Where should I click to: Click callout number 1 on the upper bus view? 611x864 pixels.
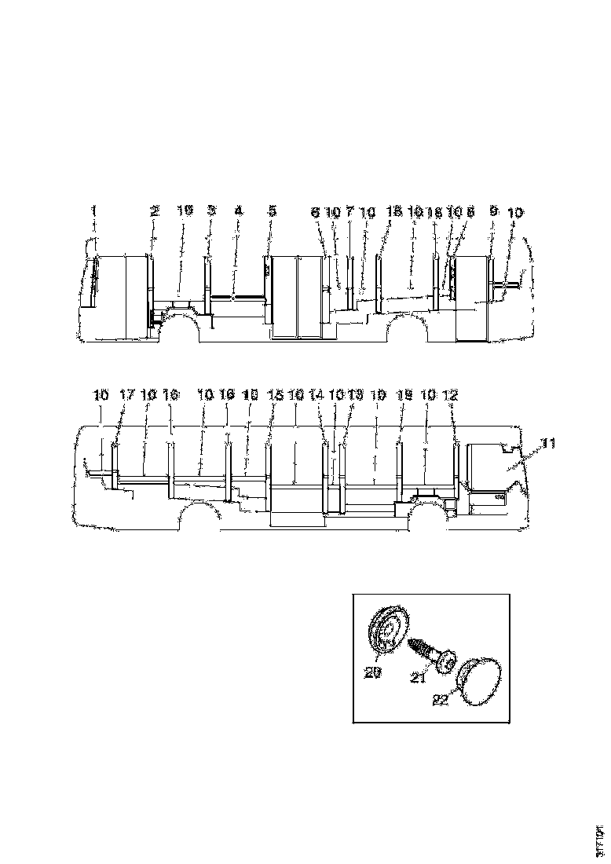tap(93, 211)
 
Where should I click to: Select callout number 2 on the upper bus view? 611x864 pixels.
tap(155, 211)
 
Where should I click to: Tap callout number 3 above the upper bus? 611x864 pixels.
tap(210, 211)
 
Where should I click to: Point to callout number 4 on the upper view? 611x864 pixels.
tap(239, 211)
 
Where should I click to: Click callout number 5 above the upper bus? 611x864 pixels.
tap(272, 211)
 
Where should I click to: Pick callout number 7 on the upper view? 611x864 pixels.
tap(349, 212)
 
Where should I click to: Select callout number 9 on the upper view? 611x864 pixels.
tap(492, 211)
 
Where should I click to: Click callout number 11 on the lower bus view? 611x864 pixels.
tap(548, 445)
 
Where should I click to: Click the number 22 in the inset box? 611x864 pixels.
tap(441, 699)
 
